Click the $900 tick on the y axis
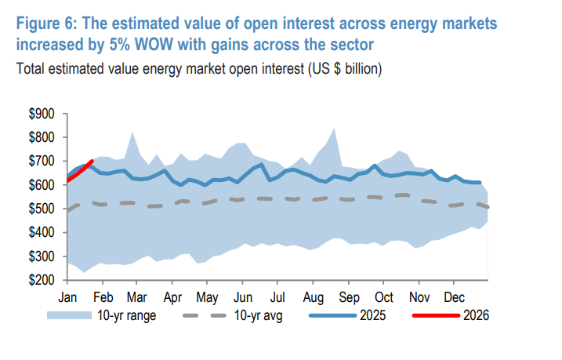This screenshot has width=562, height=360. [x=41, y=114]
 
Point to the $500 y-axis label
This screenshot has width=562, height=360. [x=41, y=209]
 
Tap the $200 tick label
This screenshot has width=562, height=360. [x=41, y=280]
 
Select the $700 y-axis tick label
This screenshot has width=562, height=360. [x=41, y=162]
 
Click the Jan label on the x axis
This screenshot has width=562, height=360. [x=67, y=298]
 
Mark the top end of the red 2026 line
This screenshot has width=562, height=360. [x=92, y=162]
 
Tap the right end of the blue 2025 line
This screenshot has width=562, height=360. [x=480, y=182]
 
